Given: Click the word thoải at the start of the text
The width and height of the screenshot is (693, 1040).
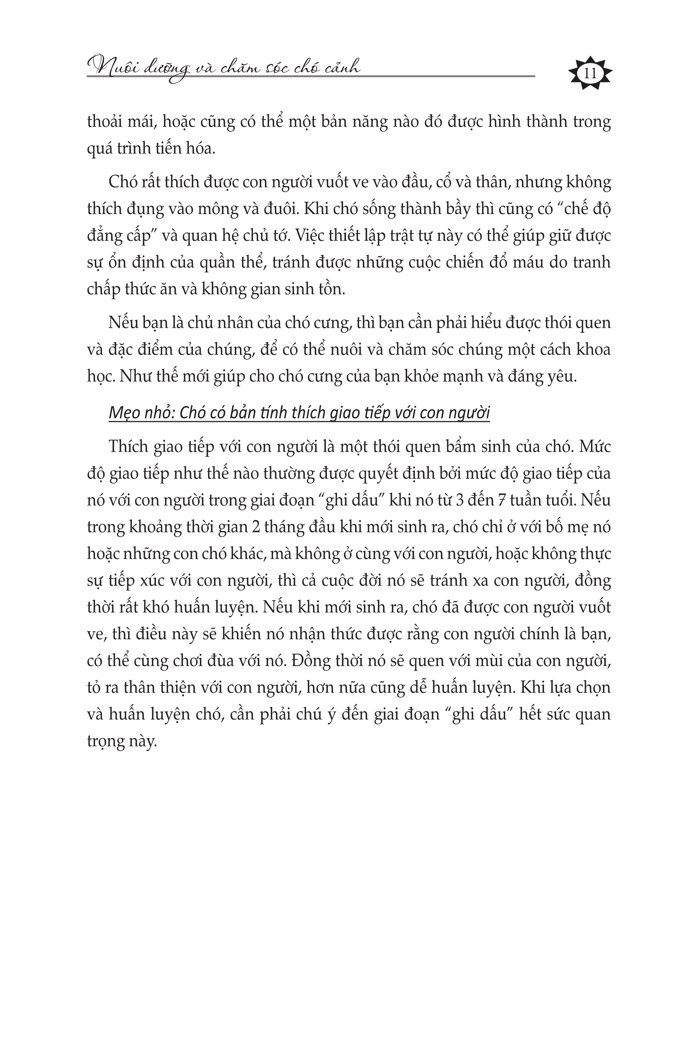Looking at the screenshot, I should [108, 121].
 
